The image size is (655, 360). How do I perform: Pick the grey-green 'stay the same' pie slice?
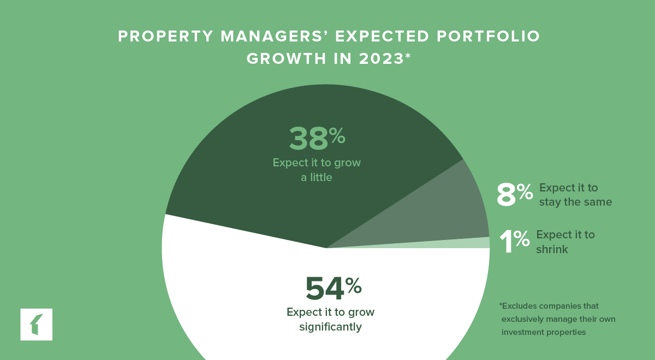pyautogui.click(x=448, y=213)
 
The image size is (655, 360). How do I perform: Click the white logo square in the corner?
pyautogui.click(x=37, y=325)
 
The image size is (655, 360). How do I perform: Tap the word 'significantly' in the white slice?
pyautogui.click(x=330, y=327)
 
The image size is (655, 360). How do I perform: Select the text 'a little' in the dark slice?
pyautogui.click(x=317, y=177)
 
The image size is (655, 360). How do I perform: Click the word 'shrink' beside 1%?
pyautogui.click(x=552, y=249)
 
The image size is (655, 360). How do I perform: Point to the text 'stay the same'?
pyautogui.click(x=575, y=202)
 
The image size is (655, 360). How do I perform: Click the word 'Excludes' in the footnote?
pyautogui.click(x=518, y=306)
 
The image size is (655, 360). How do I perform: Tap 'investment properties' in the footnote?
pyautogui.click(x=543, y=332)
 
